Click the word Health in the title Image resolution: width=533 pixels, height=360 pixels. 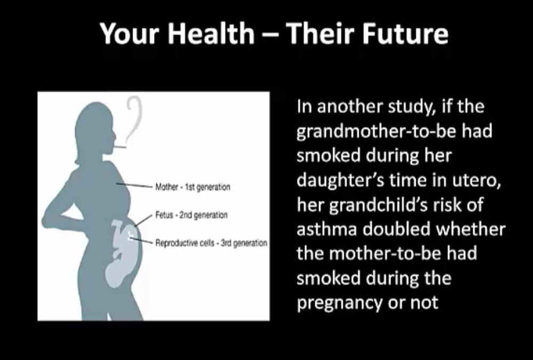[x=211, y=34]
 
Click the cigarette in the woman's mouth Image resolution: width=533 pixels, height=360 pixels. [x=119, y=147]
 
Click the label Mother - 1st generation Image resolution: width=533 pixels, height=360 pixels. [x=193, y=187]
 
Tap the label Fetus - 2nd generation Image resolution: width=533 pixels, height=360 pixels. [x=191, y=215]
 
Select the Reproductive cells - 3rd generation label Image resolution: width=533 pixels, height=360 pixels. [x=211, y=243]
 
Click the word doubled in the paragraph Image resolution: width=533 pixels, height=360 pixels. [x=397, y=229]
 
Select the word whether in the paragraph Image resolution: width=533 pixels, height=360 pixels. [x=471, y=229]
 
